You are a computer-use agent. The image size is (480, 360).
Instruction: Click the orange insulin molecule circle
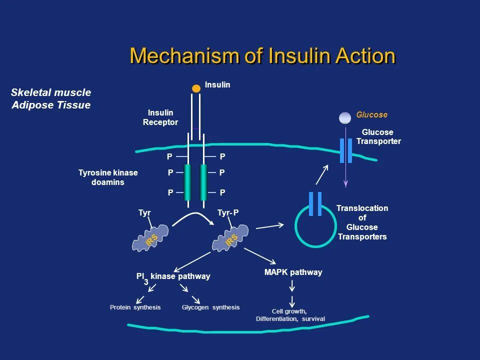tap(196, 88)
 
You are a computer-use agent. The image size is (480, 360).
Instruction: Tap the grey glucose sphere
tap(345, 118)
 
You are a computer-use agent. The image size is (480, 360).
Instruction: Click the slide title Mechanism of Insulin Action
tap(262, 56)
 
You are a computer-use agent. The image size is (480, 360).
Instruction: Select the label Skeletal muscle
tap(51, 92)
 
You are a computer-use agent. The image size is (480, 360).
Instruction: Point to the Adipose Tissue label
tap(51, 105)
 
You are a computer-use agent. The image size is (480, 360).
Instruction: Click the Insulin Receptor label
tap(160, 118)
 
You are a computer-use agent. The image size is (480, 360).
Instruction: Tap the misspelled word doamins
tap(107, 182)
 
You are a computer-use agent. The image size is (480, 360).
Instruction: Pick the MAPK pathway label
tap(293, 272)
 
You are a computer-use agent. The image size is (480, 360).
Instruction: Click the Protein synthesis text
tap(135, 307)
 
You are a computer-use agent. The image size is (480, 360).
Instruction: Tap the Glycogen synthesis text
tap(210, 307)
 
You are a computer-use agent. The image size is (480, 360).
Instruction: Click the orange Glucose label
tap(371, 115)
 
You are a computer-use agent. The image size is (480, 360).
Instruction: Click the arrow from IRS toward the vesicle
tap(269, 226)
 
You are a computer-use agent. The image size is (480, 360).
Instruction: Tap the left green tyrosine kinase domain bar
tap(187, 182)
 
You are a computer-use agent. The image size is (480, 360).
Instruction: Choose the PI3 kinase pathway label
tap(173, 277)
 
